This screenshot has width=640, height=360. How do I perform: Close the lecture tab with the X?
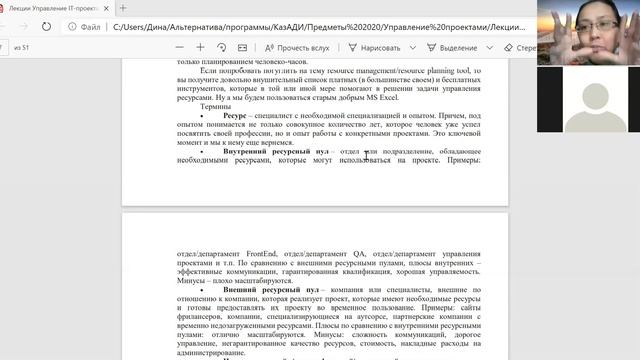pos(109,8)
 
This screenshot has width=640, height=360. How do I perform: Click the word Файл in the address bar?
pos(89,28)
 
